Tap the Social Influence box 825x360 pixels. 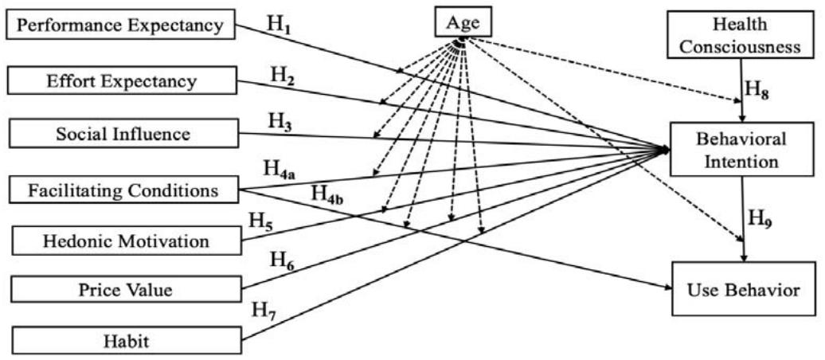point(120,133)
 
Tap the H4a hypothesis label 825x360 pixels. point(282,170)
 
